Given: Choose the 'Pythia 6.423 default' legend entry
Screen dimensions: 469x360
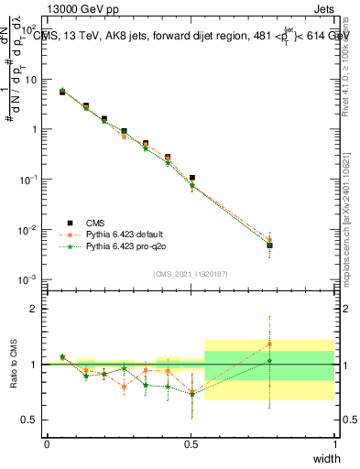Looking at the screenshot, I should pos(128,234).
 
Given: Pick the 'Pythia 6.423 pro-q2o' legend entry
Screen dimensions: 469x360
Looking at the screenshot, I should pos(128,247).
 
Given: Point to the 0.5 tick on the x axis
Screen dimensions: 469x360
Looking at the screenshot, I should pos(191,443).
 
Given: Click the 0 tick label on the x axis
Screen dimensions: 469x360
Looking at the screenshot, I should pos(47,443).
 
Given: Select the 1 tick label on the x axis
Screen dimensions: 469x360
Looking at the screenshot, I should pos(334,443).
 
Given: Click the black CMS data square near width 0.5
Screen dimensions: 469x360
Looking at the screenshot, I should pos(191,178).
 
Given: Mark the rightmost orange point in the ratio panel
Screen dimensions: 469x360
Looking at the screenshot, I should pos(269,344).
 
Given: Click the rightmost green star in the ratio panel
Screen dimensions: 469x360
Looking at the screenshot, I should pos(269,361).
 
